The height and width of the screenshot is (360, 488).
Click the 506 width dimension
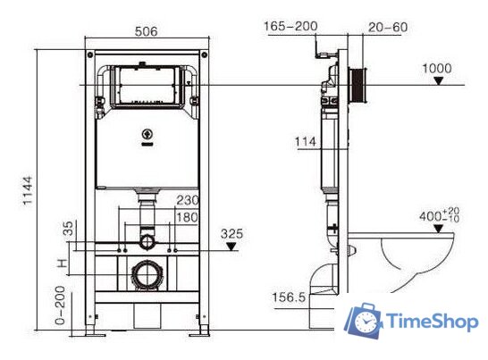pyautogui.click(x=147, y=31)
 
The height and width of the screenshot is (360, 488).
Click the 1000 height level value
pyautogui.click(x=437, y=68)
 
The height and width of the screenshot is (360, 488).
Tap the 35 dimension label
pyautogui.click(x=63, y=229)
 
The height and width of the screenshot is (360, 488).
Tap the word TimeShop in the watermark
pyautogui.click(x=432, y=322)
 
